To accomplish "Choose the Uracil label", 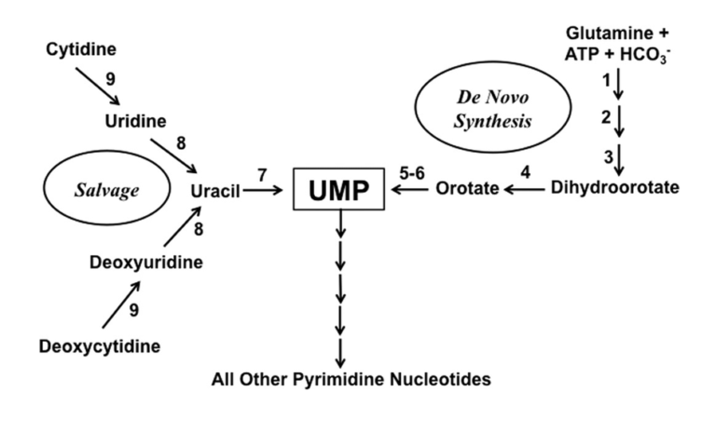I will pos(216,191).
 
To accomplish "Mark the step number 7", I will pos(262,174).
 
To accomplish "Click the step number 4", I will pos(525,172).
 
